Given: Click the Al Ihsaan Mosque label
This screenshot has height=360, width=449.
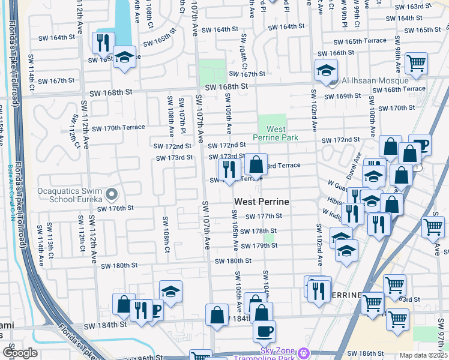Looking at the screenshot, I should [x=375, y=80].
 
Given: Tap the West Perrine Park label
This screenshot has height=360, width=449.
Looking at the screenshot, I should [x=275, y=133].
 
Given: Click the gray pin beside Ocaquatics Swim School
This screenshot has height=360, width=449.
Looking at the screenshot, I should [x=111, y=194].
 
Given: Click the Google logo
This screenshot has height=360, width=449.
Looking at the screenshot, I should [x=20, y=352].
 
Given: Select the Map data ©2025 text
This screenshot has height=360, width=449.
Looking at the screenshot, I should [x=423, y=355].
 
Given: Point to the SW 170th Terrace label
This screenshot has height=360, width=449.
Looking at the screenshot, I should [x=125, y=128].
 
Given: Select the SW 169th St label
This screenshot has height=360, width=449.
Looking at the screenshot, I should [x=352, y=96].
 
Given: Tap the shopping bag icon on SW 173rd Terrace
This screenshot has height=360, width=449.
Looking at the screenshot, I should [x=256, y=164].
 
